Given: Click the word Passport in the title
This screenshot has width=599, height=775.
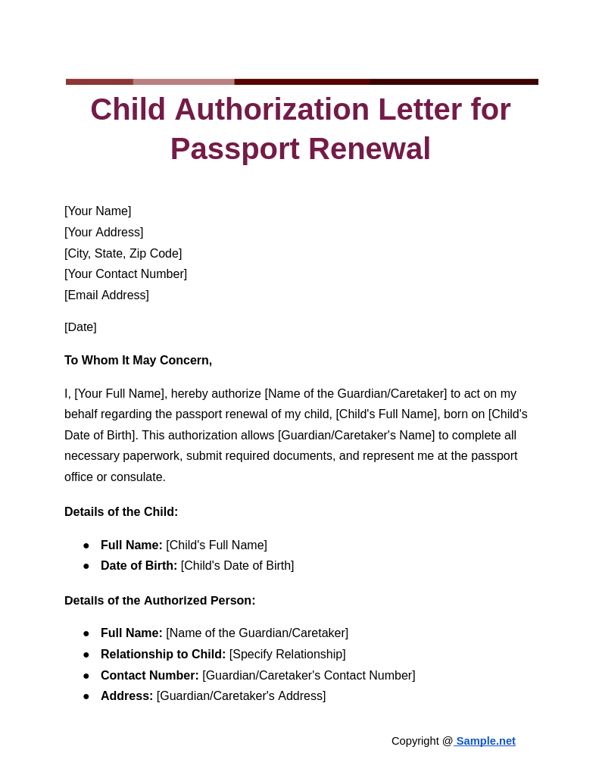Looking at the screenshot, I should coord(234,149).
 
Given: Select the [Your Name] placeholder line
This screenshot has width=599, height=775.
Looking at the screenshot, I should coord(98,211).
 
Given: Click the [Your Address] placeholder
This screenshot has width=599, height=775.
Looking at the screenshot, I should coord(104,233).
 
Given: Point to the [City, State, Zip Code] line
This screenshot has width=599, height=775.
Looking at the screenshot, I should coord(123,254).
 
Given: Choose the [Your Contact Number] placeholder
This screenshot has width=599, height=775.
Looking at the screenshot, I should coord(126,274).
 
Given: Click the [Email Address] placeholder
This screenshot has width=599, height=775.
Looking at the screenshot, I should coord(107,295).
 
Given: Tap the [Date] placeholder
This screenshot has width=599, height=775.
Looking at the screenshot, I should coord(80,327).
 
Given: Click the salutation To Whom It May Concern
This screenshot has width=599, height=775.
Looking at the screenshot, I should coord(138,361).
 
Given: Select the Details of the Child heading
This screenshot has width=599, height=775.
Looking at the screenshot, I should coord(121,512).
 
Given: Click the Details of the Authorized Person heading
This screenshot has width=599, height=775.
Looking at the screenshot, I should coord(160,601).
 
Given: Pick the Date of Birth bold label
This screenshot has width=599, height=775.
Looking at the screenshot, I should coord(139,566).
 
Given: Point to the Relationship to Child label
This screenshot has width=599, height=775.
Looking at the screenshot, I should coord(163,655).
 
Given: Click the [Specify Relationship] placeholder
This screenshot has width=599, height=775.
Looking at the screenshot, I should coord(287,655).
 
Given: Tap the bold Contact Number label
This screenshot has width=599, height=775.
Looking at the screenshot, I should coord(149,676).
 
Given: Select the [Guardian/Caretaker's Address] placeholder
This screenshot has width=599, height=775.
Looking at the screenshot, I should coord(241,696).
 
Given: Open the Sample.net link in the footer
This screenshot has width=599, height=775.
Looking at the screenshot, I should coord(485,741).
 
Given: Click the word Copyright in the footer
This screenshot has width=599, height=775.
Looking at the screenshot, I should coord(415,741).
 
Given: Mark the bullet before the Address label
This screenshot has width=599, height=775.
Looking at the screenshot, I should coord(86,697).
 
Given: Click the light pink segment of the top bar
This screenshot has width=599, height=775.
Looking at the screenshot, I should coord(183,82).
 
